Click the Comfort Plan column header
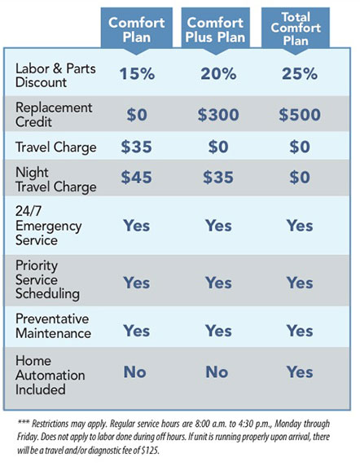coord(137,29)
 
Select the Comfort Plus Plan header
coord(215,29)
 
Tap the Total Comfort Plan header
coord(296,29)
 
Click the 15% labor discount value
coord(137,73)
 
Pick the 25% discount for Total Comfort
coord(300,73)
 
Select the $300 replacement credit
coord(218,115)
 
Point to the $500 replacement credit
coord(300,115)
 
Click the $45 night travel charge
coord(136,178)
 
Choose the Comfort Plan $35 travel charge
coord(136,147)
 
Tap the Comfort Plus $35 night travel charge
coord(218,178)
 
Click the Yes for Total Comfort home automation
coord(300,372)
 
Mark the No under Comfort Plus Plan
coord(217,372)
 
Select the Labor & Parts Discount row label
coord(55,75)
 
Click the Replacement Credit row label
coord(54,115)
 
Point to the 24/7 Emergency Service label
coord(48,226)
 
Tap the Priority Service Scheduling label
coord(47,280)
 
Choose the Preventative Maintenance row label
coord(53,326)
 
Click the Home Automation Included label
coord(50,376)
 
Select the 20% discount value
coord(218,73)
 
